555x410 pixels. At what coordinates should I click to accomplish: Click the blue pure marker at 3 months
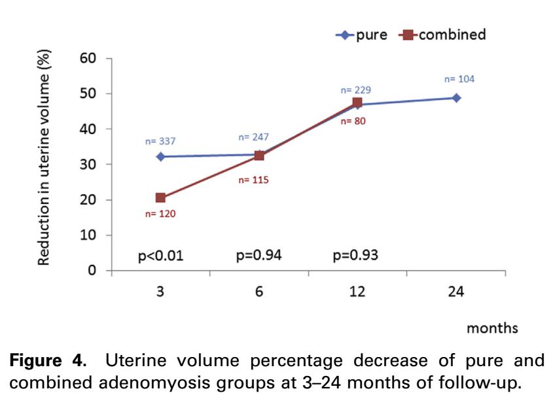pyautogui.click(x=160, y=156)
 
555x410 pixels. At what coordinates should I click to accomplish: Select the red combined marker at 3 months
pyautogui.click(x=160, y=197)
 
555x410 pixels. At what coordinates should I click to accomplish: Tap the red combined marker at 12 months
pyautogui.click(x=357, y=103)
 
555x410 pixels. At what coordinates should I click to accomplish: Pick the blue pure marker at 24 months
pyautogui.click(x=456, y=97)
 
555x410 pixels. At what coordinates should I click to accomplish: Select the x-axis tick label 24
pyautogui.click(x=456, y=291)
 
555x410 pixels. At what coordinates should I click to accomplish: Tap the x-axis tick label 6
pyautogui.click(x=259, y=291)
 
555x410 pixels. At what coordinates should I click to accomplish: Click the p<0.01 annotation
pyautogui.click(x=160, y=255)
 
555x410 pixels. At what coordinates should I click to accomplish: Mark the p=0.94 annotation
pyautogui.click(x=259, y=255)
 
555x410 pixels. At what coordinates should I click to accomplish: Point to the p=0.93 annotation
pyautogui.click(x=355, y=255)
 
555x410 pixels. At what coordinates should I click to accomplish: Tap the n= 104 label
pyautogui.click(x=459, y=79)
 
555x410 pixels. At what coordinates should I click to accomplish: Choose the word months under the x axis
pyautogui.click(x=492, y=328)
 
